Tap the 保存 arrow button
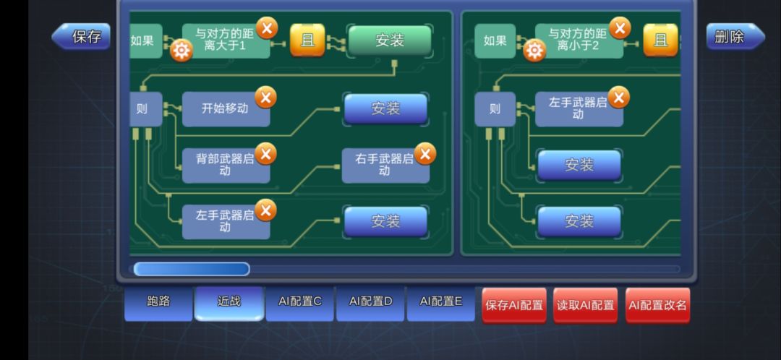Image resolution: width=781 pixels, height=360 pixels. coord(81,36)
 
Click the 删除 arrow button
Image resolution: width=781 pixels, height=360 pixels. coord(735,36)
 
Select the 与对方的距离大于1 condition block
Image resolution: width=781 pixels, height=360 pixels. coord(226,40)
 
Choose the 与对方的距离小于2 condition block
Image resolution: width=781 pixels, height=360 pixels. coord(579,40)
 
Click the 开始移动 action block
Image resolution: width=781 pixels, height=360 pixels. coord(226,109)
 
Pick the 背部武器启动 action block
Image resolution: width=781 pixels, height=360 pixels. coord(226,166)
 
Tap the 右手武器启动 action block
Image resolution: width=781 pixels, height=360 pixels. coord(385,166)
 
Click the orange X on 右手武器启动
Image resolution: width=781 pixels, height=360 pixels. coord(425,154)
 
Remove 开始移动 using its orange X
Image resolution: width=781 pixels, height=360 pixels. coord(266,98)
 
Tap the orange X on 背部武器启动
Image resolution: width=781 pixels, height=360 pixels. coord(266,154)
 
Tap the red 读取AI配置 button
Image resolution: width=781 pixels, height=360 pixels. coord(586,305)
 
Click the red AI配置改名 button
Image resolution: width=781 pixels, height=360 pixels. coord(658,305)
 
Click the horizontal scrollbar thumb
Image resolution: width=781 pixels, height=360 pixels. coord(192,270)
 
